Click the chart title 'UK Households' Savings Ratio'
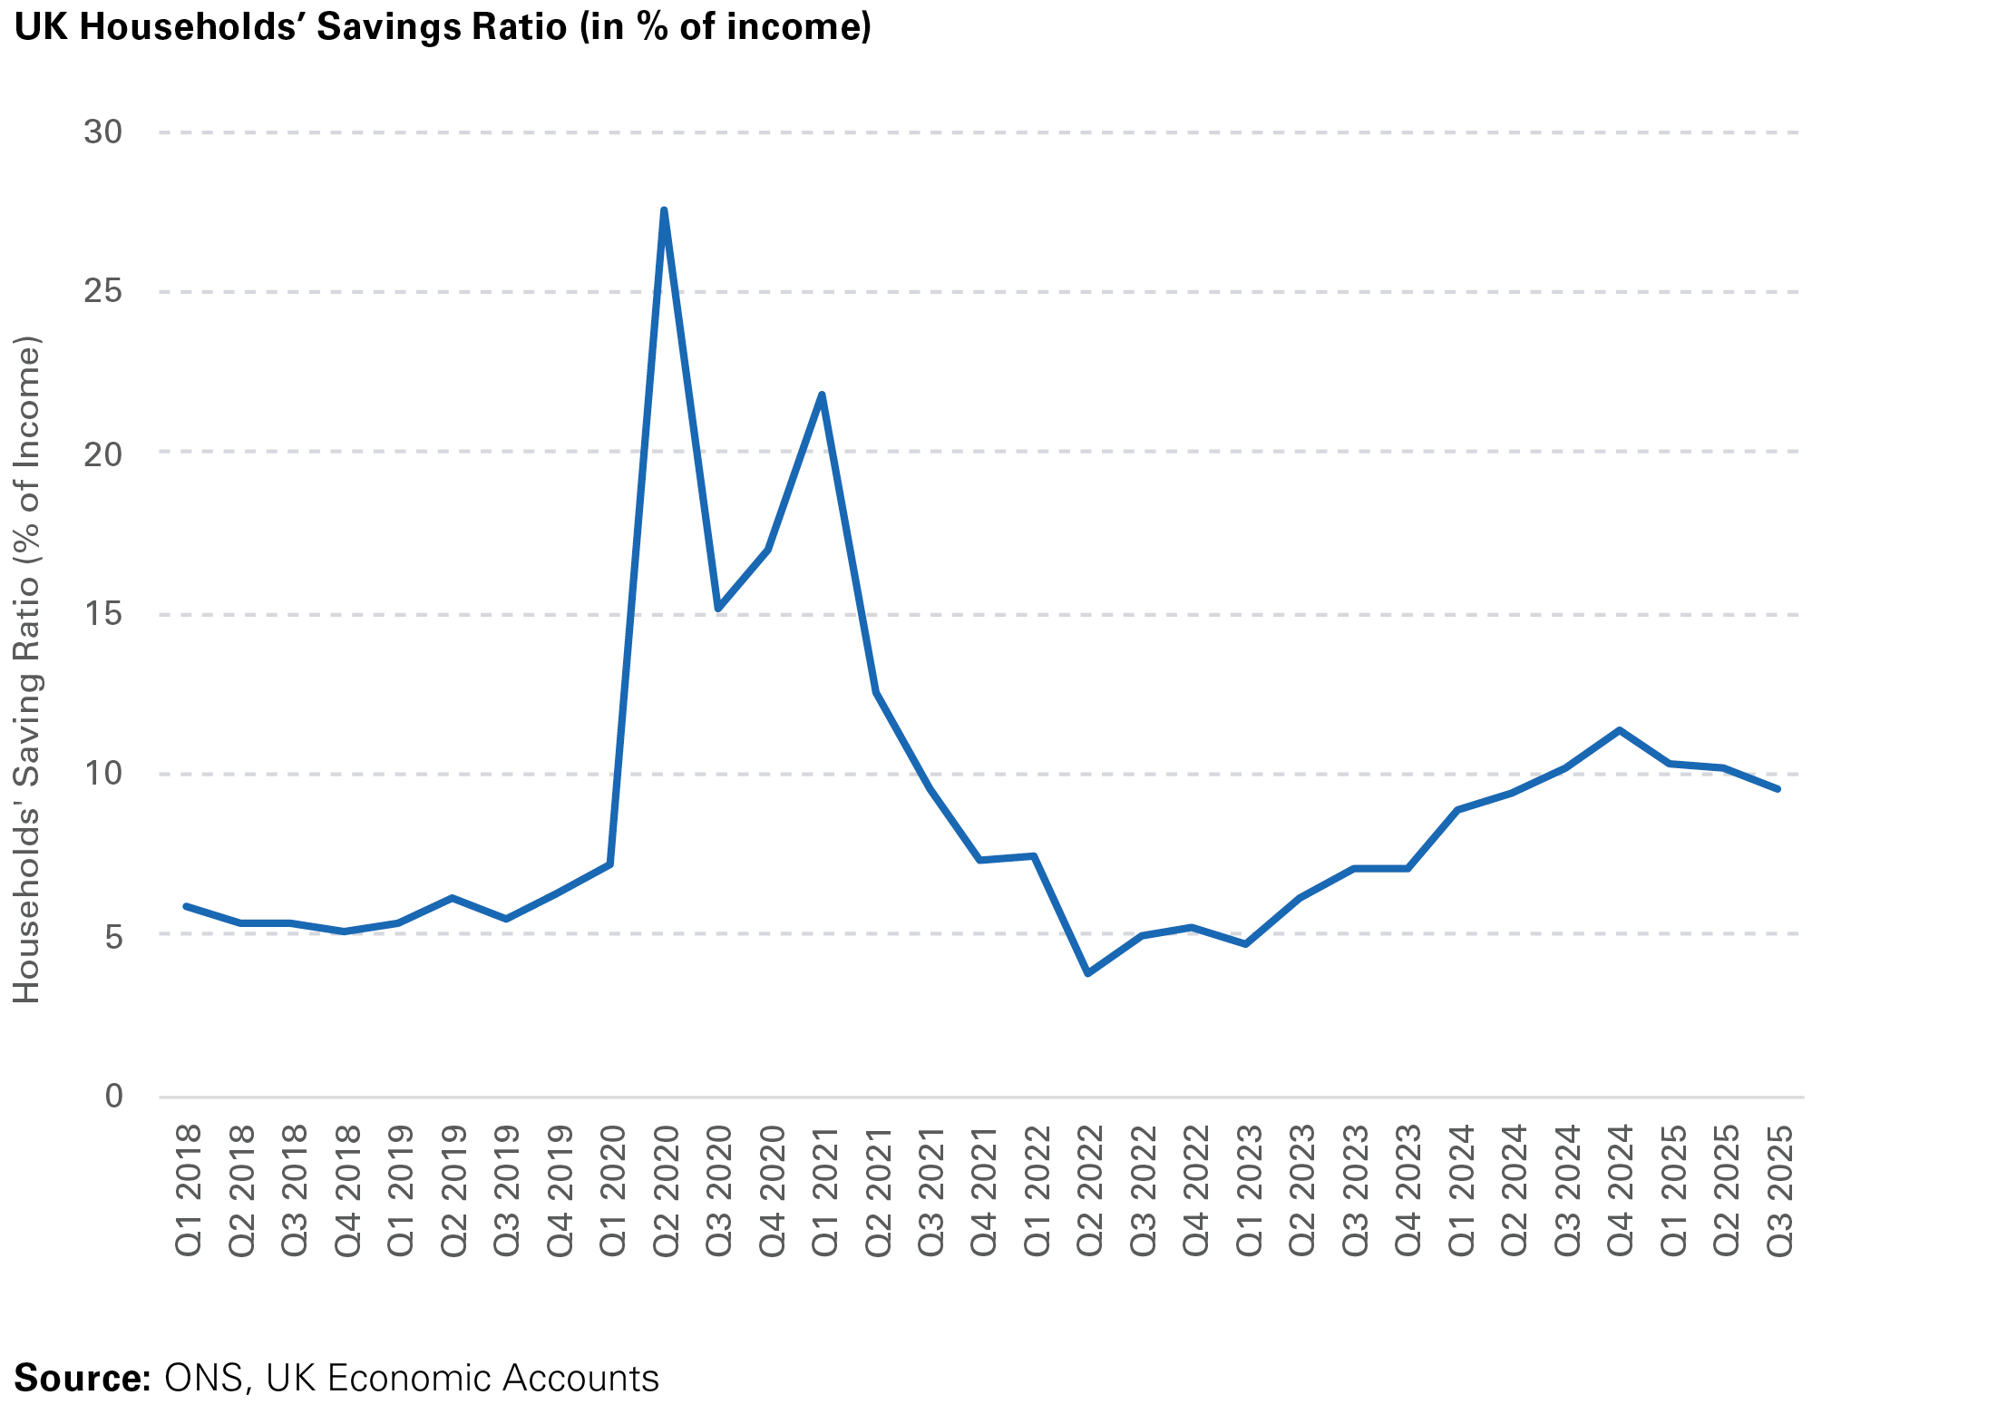(443, 26)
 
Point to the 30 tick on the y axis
(102, 132)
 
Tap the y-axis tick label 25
(102, 292)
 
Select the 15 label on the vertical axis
(102, 614)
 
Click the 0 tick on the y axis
(113, 1096)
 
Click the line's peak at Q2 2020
(664, 210)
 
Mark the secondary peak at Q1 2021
(822, 395)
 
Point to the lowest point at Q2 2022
(1087, 973)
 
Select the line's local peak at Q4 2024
(1619, 729)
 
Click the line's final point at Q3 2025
(1778, 789)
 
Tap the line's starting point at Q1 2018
(186, 906)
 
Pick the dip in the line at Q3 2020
(717, 609)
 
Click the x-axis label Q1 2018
(188, 1190)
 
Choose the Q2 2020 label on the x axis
(666, 1190)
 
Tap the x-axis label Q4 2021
(984, 1190)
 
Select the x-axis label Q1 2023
(1250, 1190)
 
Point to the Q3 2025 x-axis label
(1780, 1190)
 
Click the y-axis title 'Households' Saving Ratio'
(27, 669)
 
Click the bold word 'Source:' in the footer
(83, 1378)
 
